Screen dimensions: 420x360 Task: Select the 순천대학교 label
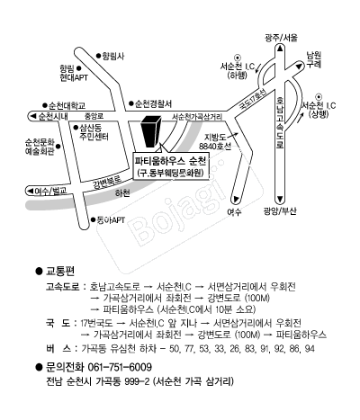[x=66, y=105]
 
